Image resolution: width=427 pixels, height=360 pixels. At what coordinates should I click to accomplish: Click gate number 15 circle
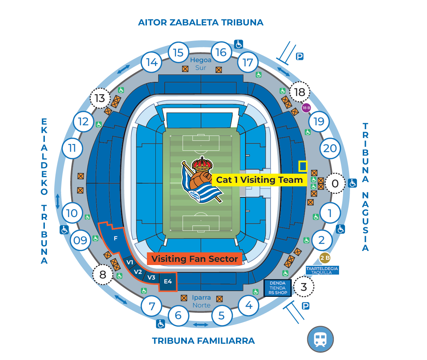tap(178, 53)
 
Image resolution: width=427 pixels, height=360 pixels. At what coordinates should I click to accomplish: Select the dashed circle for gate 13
tap(100, 98)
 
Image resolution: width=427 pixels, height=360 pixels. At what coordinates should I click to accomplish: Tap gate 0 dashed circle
tap(335, 183)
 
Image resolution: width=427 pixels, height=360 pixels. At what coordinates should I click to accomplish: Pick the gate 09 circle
tap(80, 240)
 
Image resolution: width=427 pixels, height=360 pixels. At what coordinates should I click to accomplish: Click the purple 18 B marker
tap(306, 108)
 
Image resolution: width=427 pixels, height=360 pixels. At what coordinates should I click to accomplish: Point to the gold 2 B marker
tap(325, 258)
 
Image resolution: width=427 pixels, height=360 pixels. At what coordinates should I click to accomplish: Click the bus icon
tap(320, 339)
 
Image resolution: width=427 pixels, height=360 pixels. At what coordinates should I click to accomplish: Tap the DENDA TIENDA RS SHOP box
tap(278, 288)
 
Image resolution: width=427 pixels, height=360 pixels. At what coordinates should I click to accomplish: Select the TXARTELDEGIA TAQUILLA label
tap(322, 270)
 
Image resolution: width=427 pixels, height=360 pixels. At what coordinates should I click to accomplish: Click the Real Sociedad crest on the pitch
tap(202, 180)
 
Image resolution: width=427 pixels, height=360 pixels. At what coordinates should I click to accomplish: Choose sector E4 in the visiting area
tap(168, 282)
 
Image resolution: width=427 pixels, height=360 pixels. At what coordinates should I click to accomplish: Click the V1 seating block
tap(130, 262)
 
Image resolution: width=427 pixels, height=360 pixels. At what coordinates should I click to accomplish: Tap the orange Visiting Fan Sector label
tap(195, 259)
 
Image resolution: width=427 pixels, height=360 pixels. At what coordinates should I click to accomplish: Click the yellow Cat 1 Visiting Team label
tap(259, 180)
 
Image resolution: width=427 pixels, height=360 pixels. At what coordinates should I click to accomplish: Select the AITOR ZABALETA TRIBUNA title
tap(201, 23)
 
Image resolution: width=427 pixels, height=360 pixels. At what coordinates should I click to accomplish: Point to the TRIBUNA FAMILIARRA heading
tap(203, 341)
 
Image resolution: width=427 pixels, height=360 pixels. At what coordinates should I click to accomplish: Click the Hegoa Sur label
tap(201, 64)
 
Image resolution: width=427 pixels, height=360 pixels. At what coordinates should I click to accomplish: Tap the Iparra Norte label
tap(201, 301)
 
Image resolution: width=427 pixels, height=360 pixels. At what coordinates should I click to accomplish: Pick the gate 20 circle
tap(330, 148)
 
